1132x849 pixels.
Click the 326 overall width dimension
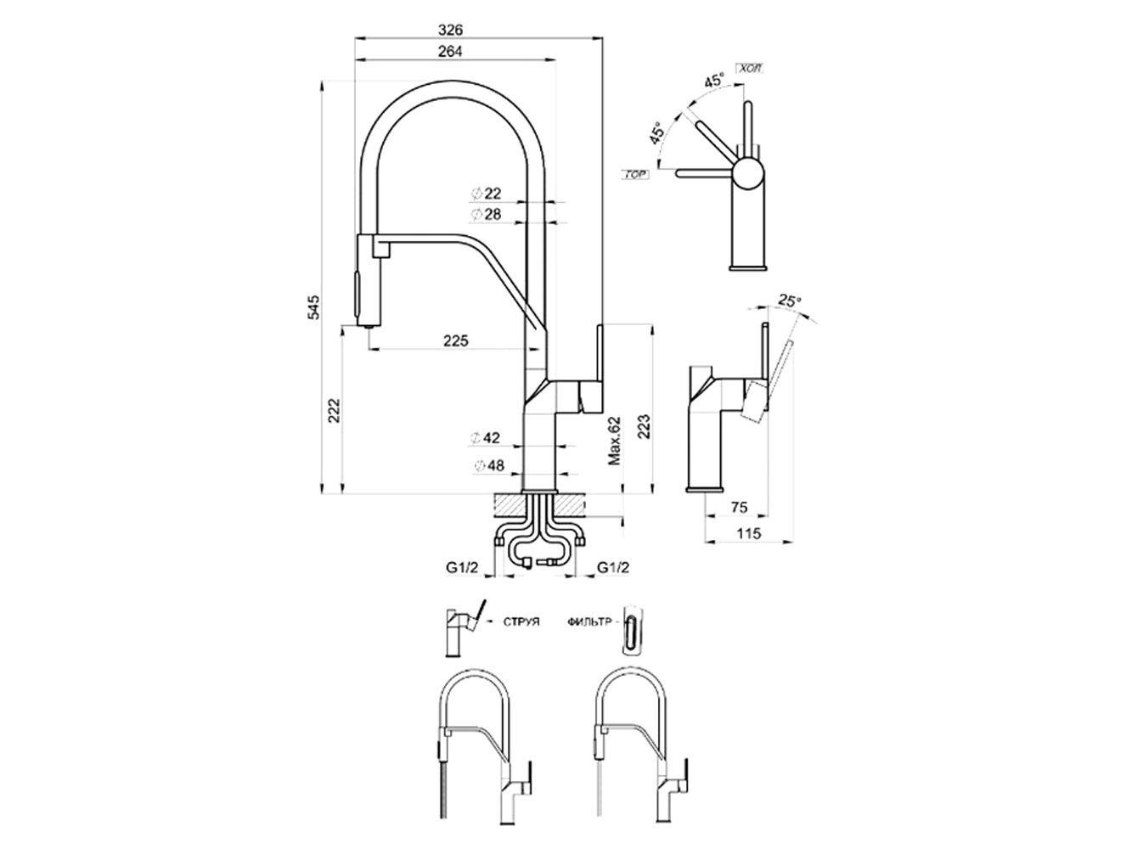(451, 28)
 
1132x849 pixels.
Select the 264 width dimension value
(451, 51)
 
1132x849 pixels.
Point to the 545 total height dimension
(313, 306)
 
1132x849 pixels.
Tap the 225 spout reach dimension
(457, 340)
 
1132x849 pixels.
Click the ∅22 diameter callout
(487, 194)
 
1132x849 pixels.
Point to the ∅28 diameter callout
(487, 214)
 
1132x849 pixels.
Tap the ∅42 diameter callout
(487, 438)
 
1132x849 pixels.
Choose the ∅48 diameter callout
(487, 465)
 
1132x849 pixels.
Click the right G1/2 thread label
(613, 567)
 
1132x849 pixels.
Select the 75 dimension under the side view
(739, 507)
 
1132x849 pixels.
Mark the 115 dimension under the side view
(747, 533)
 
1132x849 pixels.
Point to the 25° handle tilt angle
(790, 301)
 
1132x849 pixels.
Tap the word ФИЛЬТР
(589, 621)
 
